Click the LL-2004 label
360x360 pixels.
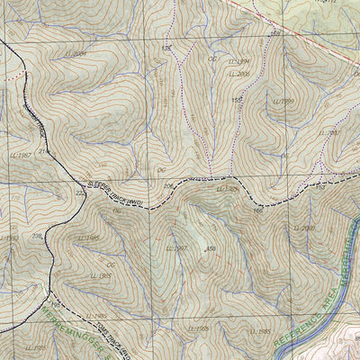point(77,54)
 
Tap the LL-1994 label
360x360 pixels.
point(238,62)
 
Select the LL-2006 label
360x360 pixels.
point(239,75)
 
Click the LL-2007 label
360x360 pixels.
point(331,133)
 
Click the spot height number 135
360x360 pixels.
point(166,48)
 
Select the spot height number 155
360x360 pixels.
point(238,100)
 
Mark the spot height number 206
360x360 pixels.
point(167,186)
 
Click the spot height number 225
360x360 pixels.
point(79,193)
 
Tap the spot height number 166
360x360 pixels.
point(257,211)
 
